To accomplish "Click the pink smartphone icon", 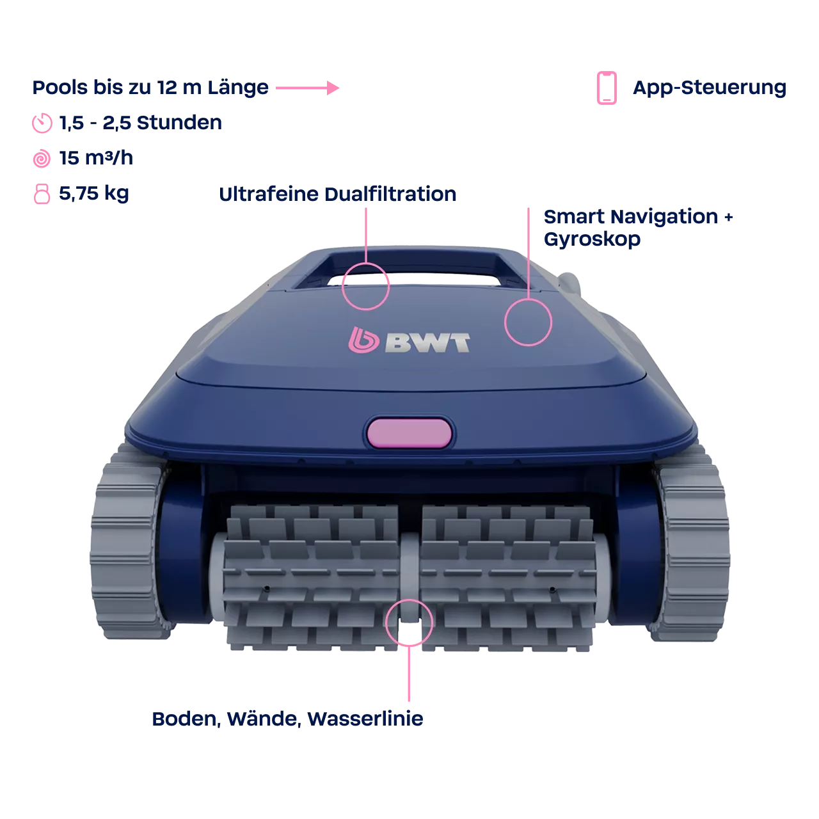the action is pos(607,88).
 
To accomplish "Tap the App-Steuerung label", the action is pos(710,88).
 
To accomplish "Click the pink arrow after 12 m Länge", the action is pos(307,88).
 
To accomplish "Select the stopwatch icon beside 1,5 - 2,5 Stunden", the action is pos(42,123).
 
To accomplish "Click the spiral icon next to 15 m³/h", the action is pos(42,159).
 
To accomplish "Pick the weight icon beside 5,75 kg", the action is pos(42,194).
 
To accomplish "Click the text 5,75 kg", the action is pos(94,194).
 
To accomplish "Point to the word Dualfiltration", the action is pos(390,195).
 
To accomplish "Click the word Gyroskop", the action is pos(592,239).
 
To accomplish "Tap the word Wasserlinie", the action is pos(365,719).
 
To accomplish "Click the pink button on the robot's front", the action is pos(409,433).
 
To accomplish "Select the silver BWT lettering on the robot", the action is pos(427,342).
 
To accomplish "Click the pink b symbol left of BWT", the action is pos(363,340).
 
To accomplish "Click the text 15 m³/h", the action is pos(96,158).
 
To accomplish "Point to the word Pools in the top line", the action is pos(60,88).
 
